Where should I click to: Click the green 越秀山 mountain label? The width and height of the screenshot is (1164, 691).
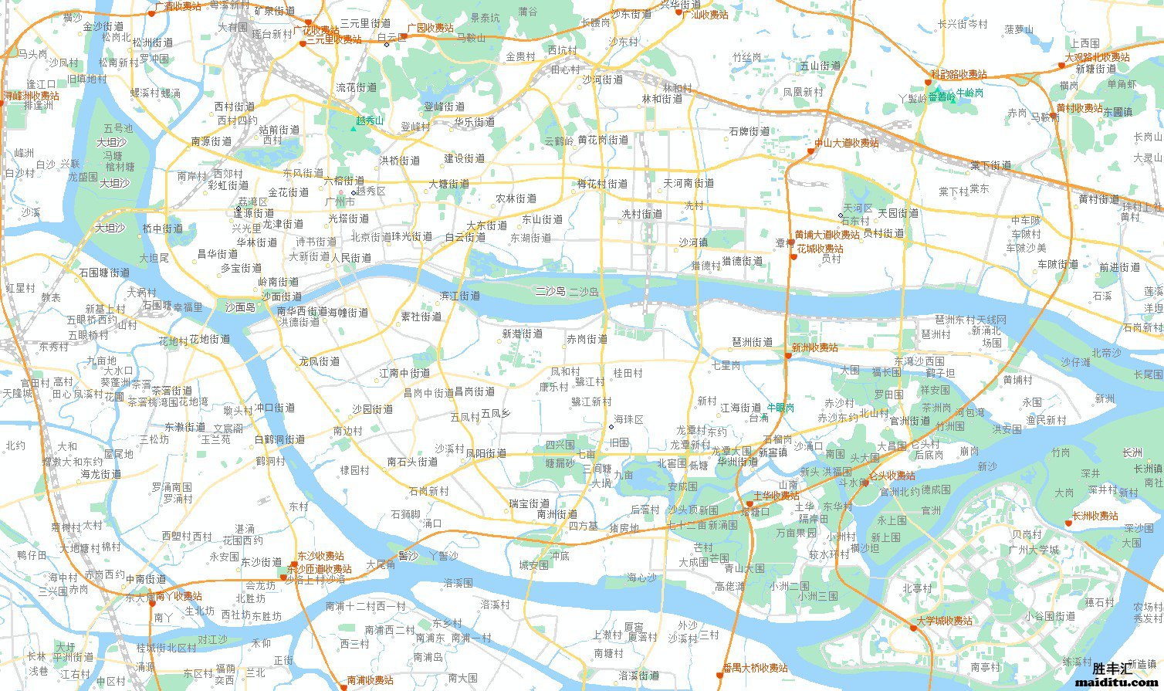tap(370, 121)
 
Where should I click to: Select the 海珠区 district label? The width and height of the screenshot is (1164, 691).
tap(628, 419)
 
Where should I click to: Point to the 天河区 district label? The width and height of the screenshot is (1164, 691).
tap(857, 208)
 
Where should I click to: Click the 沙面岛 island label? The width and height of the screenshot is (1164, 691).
tap(239, 307)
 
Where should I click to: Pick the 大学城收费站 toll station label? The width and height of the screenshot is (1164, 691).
tap(944, 621)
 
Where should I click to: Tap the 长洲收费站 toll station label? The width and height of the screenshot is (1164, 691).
tap(1095, 517)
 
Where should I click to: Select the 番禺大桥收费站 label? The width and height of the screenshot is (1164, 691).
tap(755, 668)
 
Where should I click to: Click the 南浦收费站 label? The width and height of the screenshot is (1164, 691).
tap(370, 680)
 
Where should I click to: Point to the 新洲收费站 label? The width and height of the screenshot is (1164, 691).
tap(814, 348)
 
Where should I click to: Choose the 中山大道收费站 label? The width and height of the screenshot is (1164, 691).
tap(846, 143)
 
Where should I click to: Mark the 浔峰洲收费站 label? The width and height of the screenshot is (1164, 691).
tap(31, 96)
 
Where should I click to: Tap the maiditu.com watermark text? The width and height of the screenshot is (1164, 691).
tap(1117, 683)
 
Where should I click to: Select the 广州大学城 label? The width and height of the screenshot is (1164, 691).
tap(1034, 550)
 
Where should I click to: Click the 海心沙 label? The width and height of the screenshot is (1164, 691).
tap(641, 578)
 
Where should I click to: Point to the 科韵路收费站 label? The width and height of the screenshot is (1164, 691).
tap(958, 74)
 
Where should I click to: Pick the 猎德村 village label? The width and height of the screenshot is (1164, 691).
tap(706, 265)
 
